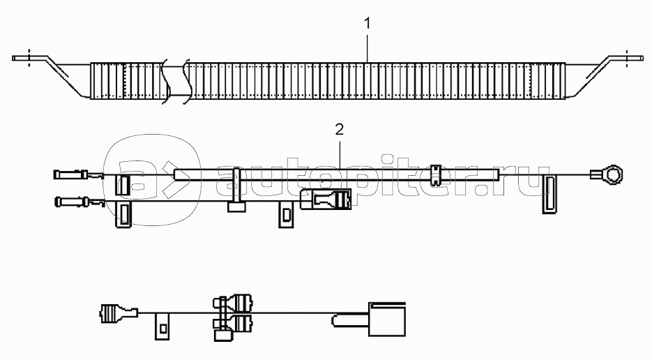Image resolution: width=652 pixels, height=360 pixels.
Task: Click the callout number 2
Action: coord(340,130)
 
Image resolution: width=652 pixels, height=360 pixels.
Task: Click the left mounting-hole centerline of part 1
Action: coord(29,57)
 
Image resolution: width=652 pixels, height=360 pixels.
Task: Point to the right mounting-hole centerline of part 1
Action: coord(628,57)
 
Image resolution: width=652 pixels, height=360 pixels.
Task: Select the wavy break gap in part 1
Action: coord(176,81)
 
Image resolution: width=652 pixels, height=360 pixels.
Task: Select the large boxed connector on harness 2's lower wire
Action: coord(326,199)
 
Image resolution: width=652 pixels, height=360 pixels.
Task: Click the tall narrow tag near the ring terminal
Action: coord(549,194)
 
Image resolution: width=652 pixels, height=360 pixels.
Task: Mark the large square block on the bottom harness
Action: coord(387,320)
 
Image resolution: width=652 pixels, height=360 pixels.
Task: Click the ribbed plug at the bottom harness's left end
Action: coord(118,313)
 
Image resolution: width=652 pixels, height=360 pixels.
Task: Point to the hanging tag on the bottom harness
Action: coord(162,326)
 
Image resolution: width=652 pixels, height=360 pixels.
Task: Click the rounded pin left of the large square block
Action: coord(350,320)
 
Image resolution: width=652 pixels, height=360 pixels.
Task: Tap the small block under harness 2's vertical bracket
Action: coord(236,207)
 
